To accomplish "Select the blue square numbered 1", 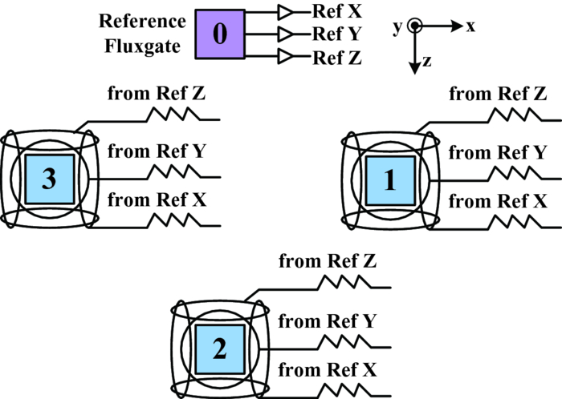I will point(390,181).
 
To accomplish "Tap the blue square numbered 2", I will point(219,349).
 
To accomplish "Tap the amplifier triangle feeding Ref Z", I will point(285,57).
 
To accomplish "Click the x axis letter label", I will point(471,26).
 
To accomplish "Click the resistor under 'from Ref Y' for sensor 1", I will point(508,171).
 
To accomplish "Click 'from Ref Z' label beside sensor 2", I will point(328,260).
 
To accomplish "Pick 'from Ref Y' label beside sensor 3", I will point(157,151).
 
